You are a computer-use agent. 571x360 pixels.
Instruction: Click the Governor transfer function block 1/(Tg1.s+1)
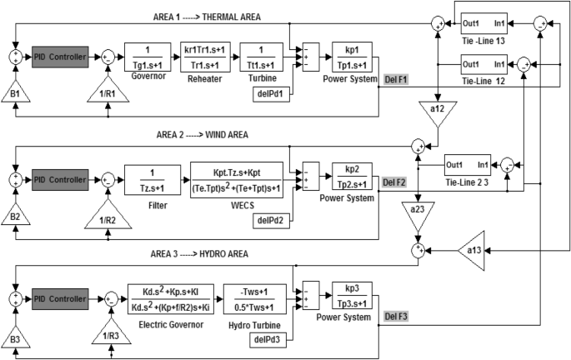click(148, 57)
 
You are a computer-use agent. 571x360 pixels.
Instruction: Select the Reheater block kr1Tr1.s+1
click(205, 57)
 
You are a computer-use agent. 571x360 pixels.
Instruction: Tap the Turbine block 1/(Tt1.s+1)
click(261, 57)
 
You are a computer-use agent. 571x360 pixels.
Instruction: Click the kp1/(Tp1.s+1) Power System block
click(352, 57)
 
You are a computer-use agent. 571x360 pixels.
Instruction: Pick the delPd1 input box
click(271, 94)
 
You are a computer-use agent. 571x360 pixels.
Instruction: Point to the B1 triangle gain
click(15, 92)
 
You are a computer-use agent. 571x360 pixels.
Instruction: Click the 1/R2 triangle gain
click(108, 216)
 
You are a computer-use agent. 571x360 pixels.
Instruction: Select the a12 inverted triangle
click(438, 112)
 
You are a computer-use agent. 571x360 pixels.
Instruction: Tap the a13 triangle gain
click(473, 251)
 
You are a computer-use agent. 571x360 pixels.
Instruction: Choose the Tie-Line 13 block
click(484, 23)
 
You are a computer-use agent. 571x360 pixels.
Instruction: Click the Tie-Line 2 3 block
click(468, 166)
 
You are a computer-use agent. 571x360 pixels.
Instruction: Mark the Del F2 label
click(394, 182)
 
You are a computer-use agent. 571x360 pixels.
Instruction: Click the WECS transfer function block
click(237, 180)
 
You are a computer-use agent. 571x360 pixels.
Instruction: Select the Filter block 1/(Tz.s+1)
click(153, 180)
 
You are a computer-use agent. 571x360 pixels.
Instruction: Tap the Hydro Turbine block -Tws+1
click(254, 299)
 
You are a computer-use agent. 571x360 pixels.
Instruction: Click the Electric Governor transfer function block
click(171, 299)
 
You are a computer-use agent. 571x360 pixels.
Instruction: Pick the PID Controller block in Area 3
click(60, 299)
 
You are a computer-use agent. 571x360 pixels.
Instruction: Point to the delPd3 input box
click(268, 340)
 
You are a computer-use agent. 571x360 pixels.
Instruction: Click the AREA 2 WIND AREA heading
click(203, 135)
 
